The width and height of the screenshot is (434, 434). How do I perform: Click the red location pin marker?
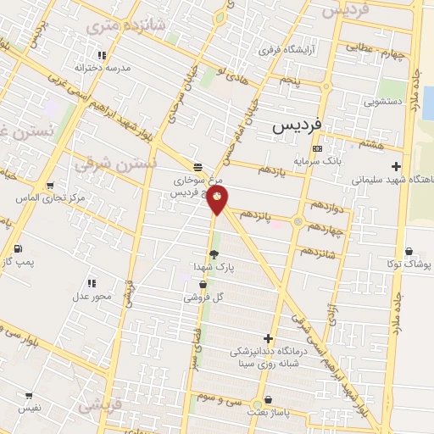[x=219, y=201]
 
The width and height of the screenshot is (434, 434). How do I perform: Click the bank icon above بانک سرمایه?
[x=317, y=147]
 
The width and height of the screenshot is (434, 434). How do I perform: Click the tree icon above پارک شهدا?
[x=214, y=253]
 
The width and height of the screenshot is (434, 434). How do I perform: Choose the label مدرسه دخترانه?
[x=102, y=67]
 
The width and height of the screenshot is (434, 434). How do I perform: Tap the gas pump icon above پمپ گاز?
[x=18, y=248]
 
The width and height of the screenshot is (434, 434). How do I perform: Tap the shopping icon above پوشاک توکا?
[x=409, y=251]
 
